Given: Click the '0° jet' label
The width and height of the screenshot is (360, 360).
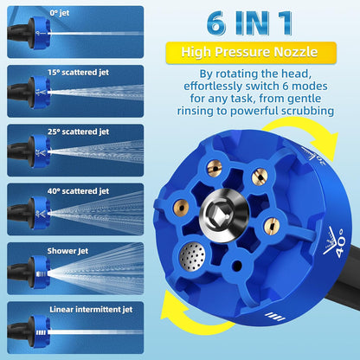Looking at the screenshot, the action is coord(60,13).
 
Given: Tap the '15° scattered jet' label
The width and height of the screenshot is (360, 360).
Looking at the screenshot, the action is coord(78,73).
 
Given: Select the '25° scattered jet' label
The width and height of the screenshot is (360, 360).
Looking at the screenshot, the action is coord(78,132).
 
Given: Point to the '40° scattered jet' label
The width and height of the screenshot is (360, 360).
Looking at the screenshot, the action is coord(78,191).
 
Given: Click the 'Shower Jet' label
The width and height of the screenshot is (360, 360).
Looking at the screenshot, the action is coord(67,251).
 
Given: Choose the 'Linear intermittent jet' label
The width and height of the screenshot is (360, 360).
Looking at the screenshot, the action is coord(91,310).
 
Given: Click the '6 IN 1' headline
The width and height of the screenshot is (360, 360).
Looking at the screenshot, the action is coord(249,23).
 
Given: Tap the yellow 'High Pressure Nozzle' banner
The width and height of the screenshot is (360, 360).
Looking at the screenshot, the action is coord(251,53).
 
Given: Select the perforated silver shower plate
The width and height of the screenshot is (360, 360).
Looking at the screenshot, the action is coord(192,256).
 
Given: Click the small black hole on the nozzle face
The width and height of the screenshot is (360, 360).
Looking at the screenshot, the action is coord(237,266).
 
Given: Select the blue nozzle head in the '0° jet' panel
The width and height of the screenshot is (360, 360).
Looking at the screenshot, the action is coord(39,33).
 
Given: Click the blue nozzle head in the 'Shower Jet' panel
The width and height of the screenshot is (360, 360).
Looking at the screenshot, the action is coord(39,273).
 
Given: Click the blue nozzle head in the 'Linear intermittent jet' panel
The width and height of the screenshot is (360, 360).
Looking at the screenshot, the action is coord(39,331).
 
